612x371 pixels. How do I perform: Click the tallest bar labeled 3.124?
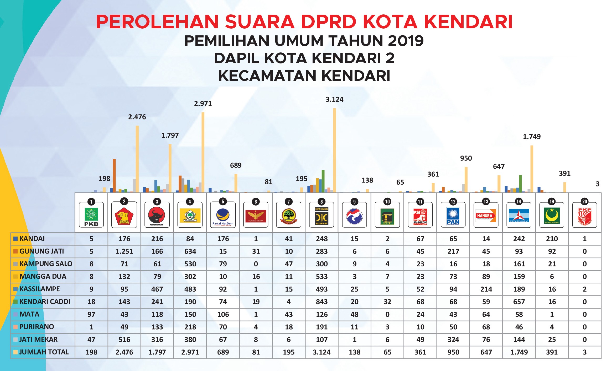click(x=334, y=149)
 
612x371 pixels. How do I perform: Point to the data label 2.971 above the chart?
click(x=203, y=104)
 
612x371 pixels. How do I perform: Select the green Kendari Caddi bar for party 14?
click(x=520, y=184)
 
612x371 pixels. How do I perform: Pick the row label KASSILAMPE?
click(x=40, y=289)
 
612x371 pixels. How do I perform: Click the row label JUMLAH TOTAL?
click(x=44, y=352)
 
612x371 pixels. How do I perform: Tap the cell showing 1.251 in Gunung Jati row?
click(x=124, y=251)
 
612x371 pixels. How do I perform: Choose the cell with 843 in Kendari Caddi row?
click(x=321, y=302)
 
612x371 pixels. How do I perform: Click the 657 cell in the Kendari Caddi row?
click(x=519, y=302)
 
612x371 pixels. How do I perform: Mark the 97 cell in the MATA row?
click(x=91, y=314)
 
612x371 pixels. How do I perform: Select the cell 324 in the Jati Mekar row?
click(x=453, y=340)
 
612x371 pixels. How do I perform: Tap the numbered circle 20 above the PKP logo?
click(x=584, y=202)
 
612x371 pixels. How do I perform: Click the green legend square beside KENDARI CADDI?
click(x=15, y=302)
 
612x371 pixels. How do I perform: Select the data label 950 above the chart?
click(x=466, y=158)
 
